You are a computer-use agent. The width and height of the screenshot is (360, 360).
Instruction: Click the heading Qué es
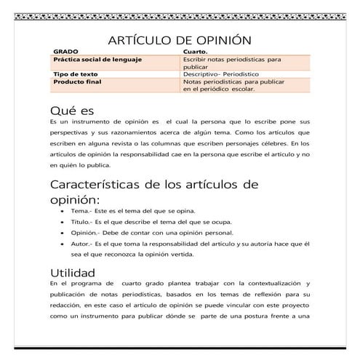click(72, 111)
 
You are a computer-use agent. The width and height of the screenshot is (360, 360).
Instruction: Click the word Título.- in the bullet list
click(81, 220)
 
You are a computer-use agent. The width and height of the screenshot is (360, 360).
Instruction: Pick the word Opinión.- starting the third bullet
click(86, 231)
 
